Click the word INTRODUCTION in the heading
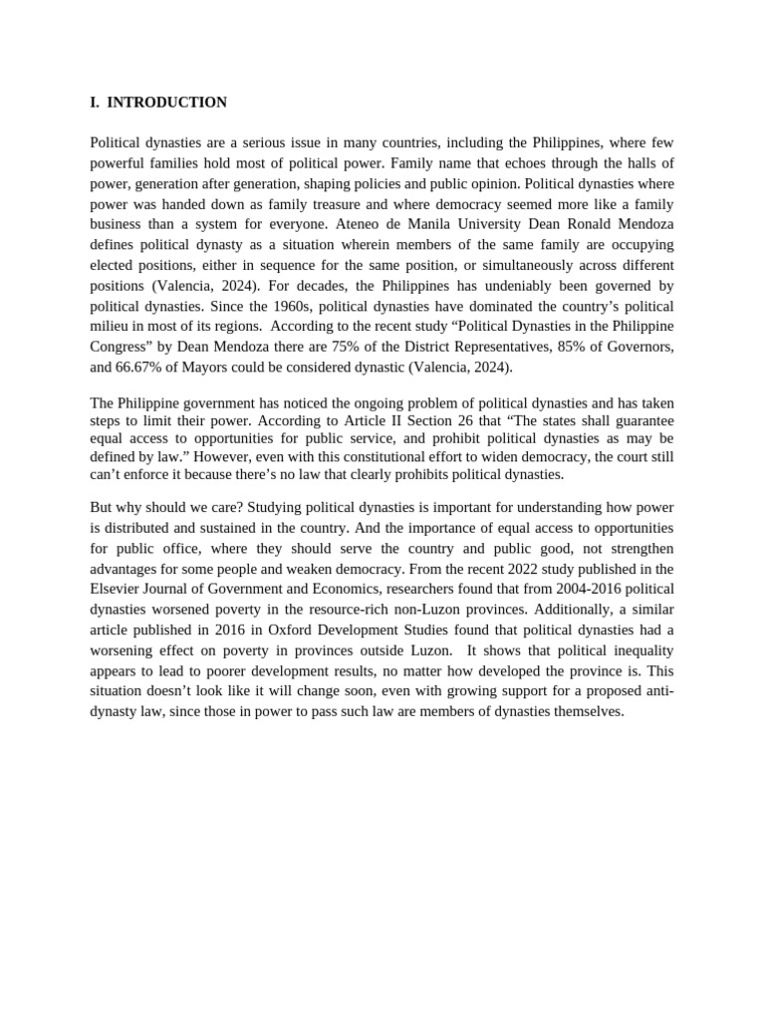pyautogui.click(x=166, y=103)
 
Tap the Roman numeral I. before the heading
pyautogui.click(x=95, y=103)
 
